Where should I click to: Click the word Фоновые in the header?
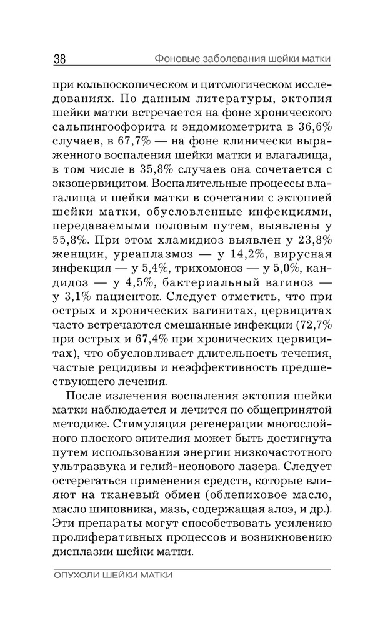tap(177, 59)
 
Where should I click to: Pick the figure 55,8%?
tap(72, 240)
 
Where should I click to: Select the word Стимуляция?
tap(212, 423)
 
